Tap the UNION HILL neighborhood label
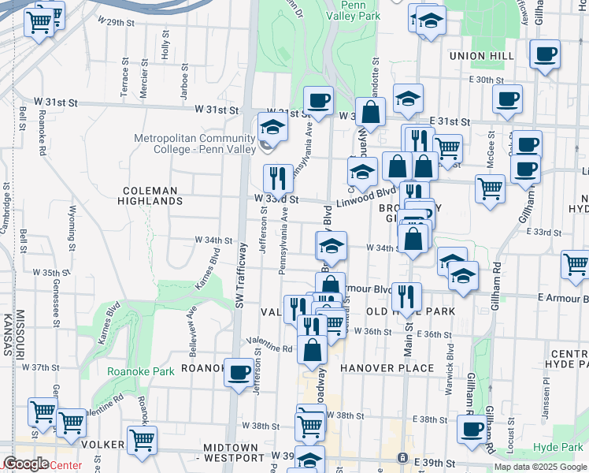tap(481, 56)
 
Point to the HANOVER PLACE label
tap(387, 368)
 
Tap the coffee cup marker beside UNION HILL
tap(545, 54)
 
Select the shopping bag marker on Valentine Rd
tap(313, 347)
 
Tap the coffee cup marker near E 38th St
tap(472, 429)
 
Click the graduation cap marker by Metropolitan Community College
tap(272, 126)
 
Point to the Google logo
tap(26, 464)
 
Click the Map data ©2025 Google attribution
tap(539, 467)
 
